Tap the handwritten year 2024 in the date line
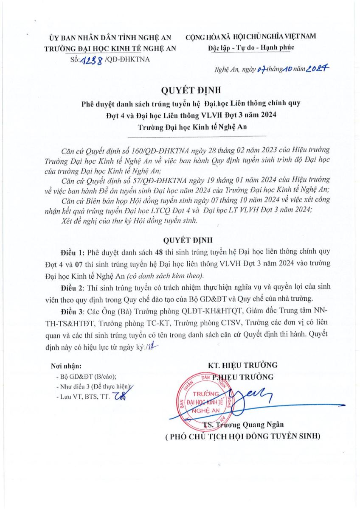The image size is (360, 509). click(x=318, y=70)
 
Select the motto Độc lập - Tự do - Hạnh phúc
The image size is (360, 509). click(x=251, y=47)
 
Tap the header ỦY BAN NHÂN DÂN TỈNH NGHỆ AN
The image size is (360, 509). click(x=110, y=37)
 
